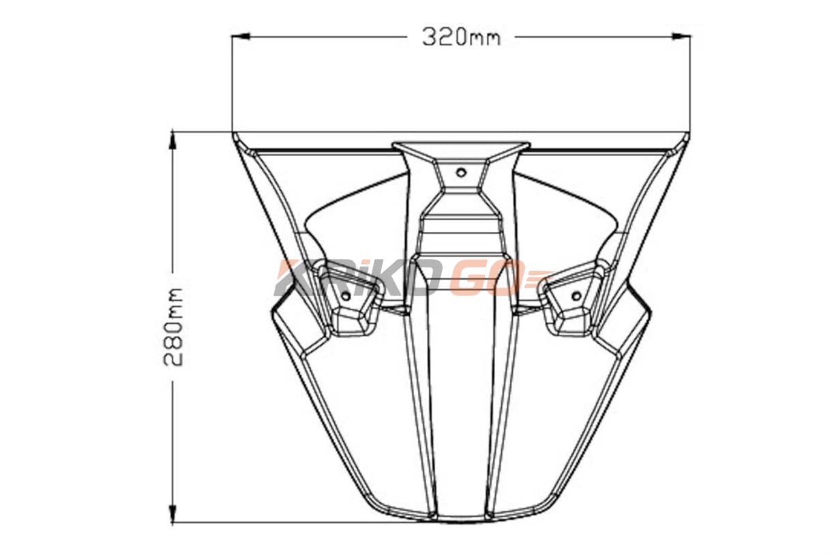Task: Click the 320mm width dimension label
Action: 461,37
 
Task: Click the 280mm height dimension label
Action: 174,327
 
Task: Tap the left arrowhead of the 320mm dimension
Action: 240,36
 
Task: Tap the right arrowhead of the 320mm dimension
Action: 681,36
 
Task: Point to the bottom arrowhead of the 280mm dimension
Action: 173,513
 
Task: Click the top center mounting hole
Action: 461,172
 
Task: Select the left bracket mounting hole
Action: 346,296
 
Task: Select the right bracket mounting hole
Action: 576,296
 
